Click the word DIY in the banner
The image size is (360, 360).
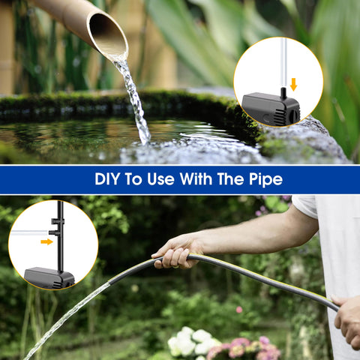pos(108,180)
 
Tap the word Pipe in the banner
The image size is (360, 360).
pos(266,180)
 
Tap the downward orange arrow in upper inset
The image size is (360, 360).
pos(293,84)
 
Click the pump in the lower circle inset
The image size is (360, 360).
pos(49,277)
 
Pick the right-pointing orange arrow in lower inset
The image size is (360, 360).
pos(46,241)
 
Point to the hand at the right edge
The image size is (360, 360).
pos(348,318)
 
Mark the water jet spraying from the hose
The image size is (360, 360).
pos(67,315)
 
